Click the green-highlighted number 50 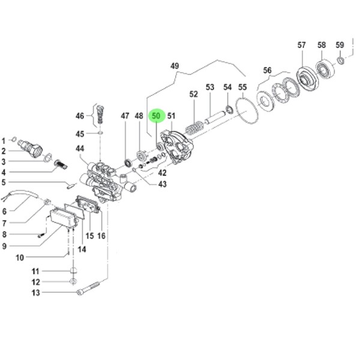pyautogui.click(x=156, y=116)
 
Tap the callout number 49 pyautogui.click(x=175, y=66)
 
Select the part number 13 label pyautogui.click(x=35, y=293)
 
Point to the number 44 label pyautogui.click(x=80, y=149)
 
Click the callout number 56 pyautogui.click(x=267, y=70)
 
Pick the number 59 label pyautogui.click(x=340, y=45)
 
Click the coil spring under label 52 pyautogui.click(x=194, y=128)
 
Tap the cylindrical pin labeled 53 pyautogui.click(x=215, y=117)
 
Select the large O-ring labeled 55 pyautogui.click(x=246, y=111)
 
